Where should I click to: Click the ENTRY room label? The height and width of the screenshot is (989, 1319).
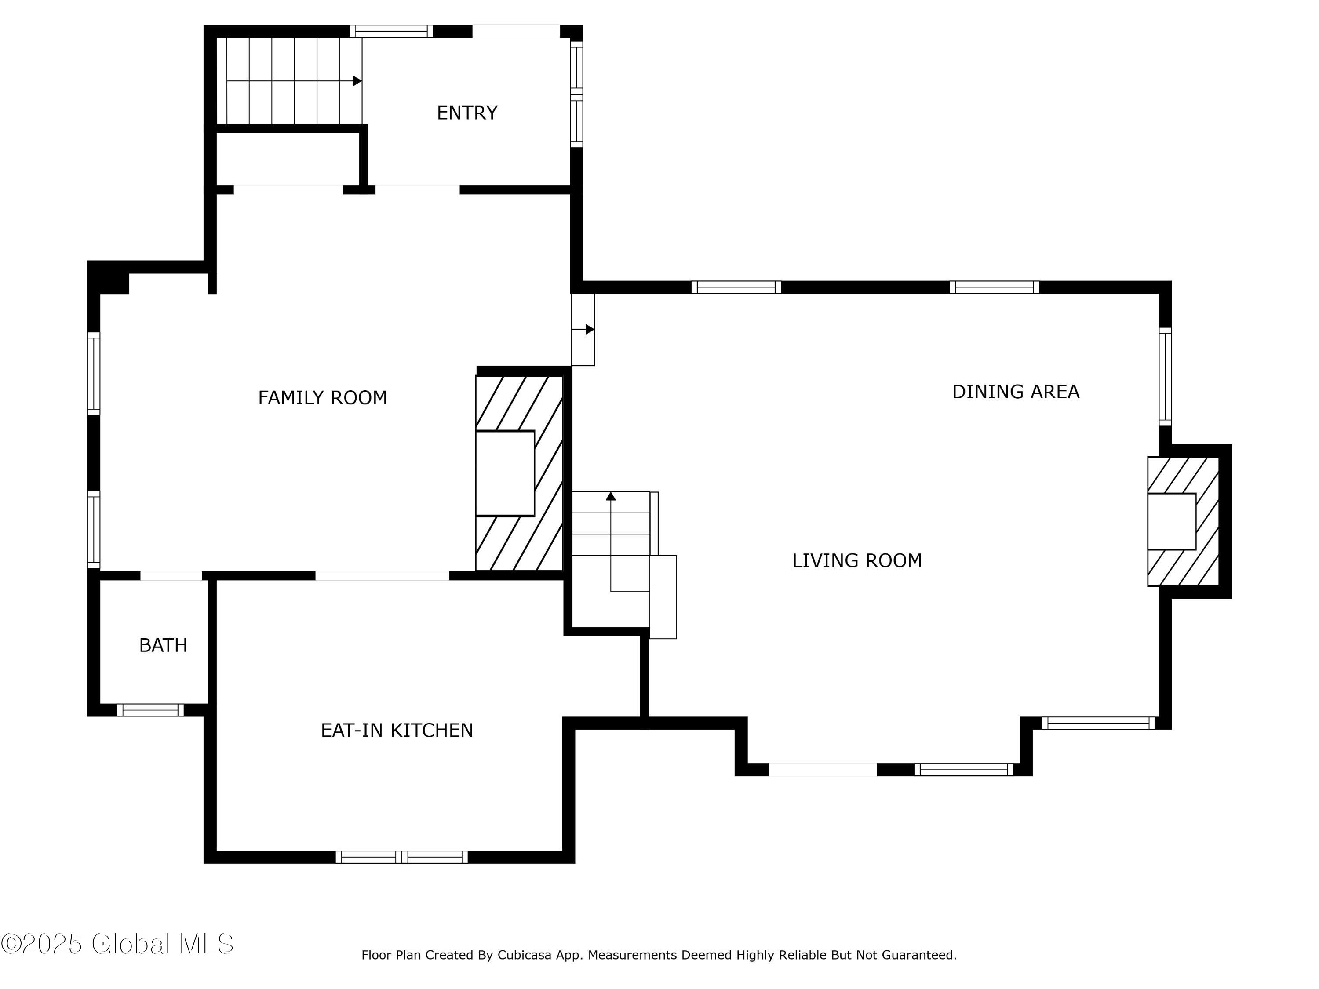tap(467, 113)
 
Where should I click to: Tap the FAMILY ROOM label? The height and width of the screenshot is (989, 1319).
tap(323, 398)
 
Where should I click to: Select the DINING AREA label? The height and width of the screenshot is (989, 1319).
tap(1016, 392)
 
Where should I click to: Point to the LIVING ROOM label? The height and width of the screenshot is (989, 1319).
tap(857, 560)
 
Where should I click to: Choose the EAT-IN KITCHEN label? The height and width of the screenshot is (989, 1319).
tap(397, 730)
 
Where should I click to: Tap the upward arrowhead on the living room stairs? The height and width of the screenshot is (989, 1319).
tap(611, 496)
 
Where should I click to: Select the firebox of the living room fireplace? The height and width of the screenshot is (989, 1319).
tap(1172, 521)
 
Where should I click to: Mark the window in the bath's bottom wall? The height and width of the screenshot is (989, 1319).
tap(150, 710)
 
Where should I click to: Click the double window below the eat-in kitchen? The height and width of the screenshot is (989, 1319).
tap(401, 857)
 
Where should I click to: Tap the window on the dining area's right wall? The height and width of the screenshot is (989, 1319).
tap(1165, 377)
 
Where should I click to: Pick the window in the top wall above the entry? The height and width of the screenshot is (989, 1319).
tap(391, 31)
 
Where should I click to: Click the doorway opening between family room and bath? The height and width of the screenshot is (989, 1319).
tap(171, 576)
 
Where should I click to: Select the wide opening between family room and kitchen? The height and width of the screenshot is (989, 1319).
tap(382, 576)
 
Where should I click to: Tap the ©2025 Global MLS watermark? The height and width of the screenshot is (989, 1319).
tap(117, 944)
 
